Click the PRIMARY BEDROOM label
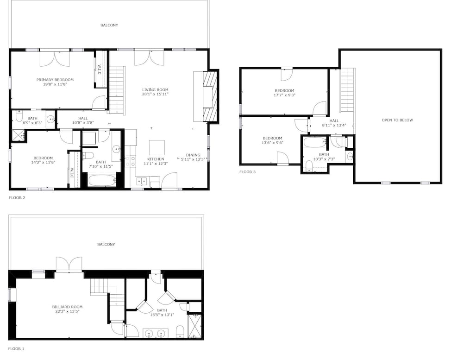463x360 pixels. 55,80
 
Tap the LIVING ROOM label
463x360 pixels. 155,90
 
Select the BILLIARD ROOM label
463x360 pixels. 67,307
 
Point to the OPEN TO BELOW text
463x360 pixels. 397,120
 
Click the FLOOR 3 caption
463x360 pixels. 247,172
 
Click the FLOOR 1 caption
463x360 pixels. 16,349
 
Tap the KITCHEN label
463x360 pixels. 156,159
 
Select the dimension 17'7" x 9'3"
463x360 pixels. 285,95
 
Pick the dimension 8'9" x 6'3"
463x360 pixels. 32,123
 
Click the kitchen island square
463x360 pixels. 157,148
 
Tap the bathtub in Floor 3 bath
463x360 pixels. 315,142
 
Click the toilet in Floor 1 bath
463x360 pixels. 180,331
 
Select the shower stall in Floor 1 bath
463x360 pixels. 194,326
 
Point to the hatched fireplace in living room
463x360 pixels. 211,96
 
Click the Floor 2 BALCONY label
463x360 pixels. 109,25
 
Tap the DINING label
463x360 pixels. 193,155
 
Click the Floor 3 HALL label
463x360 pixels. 334,120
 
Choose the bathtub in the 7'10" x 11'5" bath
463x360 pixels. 102,181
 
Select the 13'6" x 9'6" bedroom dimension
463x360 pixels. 273,142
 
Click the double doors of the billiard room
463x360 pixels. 69,264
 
